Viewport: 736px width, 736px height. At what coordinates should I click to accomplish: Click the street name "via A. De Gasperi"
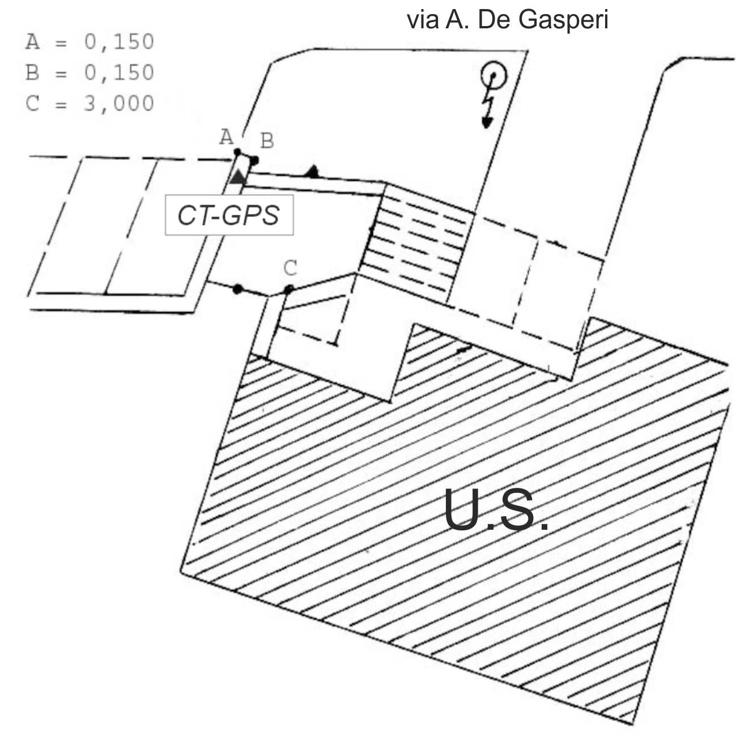tap(507, 20)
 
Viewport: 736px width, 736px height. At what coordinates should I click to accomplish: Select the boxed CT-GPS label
tap(229, 215)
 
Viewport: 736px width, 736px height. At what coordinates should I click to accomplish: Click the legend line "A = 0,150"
tap(90, 41)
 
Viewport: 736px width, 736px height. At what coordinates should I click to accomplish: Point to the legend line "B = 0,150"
tap(90, 73)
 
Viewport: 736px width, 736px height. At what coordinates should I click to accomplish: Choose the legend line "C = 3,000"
tap(90, 104)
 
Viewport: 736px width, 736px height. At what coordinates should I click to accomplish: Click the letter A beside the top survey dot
tap(227, 137)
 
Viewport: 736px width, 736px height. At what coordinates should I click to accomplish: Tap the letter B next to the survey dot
tap(267, 141)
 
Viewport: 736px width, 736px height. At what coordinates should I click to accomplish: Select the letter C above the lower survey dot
tap(291, 268)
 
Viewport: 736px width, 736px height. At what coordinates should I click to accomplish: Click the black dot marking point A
tap(237, 152)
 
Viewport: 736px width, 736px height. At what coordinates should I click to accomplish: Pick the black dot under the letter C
tap(289, 289)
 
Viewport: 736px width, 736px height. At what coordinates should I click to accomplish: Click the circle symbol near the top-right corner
tap(494, 75)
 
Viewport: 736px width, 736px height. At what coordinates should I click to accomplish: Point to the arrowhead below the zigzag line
tap(487, 123)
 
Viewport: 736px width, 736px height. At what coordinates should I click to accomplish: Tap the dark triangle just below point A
tap(238, 177)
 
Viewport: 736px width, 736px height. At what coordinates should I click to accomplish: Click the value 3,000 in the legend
tap(119, 104)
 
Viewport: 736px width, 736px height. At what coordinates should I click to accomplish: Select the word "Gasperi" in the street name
tap(563, 20)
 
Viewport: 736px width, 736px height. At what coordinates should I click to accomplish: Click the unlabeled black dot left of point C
tap(237, 289)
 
